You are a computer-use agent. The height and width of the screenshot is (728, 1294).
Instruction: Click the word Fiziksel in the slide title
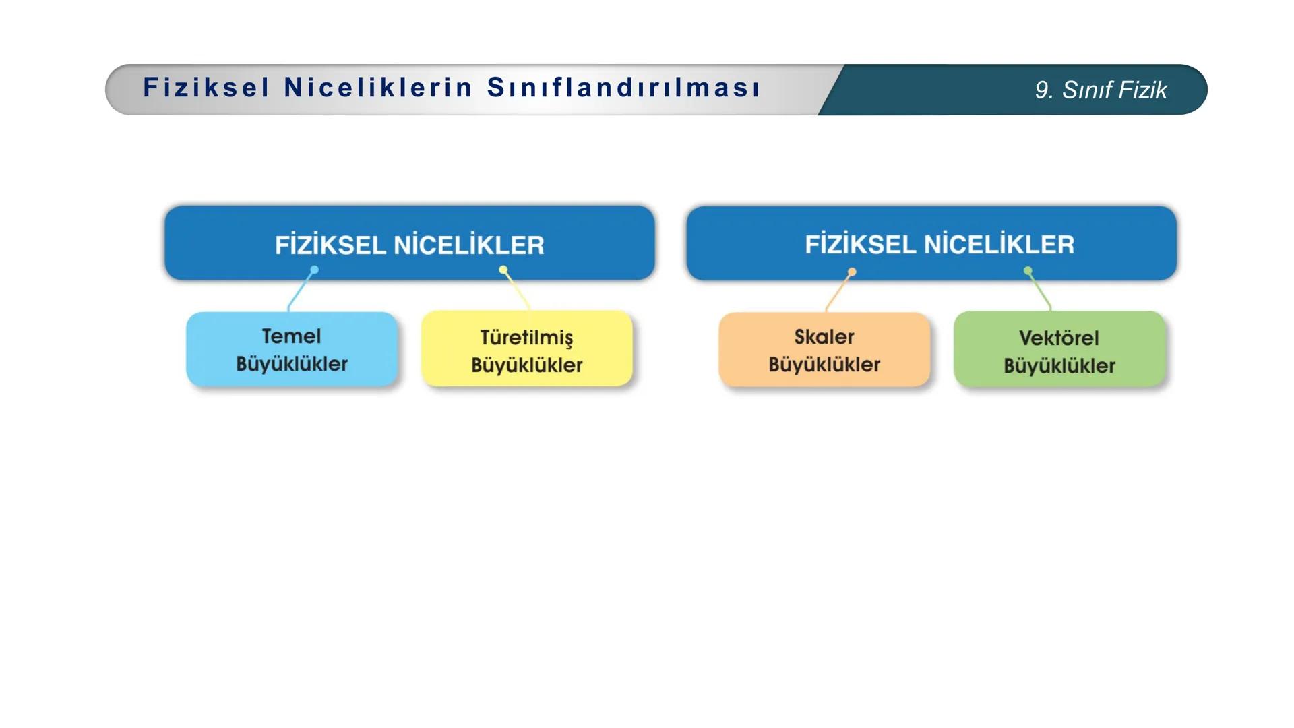206,88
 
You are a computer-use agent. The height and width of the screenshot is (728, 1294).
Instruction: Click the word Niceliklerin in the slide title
378,88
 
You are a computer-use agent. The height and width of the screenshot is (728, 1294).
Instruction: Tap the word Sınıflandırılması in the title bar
624,88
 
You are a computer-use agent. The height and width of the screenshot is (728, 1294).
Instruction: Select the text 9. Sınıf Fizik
1101,90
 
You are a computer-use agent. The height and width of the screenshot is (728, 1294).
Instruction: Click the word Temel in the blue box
291,336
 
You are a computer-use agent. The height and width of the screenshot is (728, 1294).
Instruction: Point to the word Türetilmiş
526,338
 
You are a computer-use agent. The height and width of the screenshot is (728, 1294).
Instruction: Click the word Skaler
824,336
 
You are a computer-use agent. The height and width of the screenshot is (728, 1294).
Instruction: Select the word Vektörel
1059,338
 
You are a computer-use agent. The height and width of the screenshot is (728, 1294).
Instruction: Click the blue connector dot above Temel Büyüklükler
314,270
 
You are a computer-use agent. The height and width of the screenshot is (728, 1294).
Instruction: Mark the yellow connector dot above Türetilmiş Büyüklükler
503,270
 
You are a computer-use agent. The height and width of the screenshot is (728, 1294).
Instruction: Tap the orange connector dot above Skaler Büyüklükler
852,272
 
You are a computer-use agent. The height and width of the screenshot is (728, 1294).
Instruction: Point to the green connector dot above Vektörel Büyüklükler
1028,270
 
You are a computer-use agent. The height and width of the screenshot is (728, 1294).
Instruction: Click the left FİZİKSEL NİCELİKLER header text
409,245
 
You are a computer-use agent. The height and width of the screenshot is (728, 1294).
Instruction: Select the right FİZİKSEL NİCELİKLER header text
939,244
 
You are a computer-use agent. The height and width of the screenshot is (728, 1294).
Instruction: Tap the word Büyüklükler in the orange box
824,365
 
